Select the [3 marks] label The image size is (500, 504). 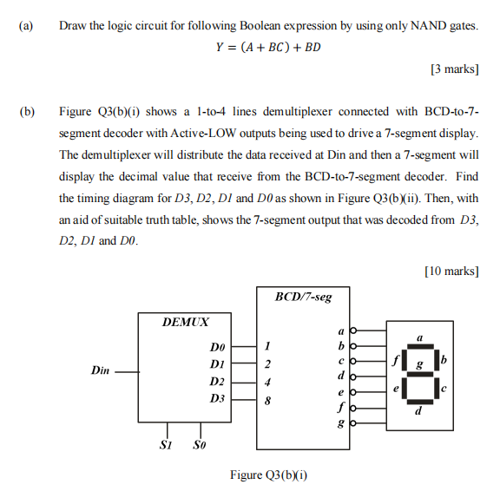tap(453, 69)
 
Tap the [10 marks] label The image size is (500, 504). tap(451, 272)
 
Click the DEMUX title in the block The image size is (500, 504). tap(186, 322)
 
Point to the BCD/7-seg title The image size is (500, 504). tap(303, 297)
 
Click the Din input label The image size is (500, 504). tap(100, 370)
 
